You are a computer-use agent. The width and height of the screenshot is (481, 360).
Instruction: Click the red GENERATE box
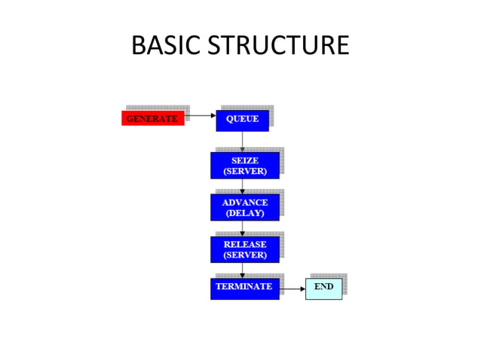pyautogui.click(x=152, y=119)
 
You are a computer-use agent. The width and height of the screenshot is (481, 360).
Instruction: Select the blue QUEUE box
pyautogui.click(x=242, y=119)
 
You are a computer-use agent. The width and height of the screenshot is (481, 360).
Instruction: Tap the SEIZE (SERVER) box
pyautogui.click(x=244, y=166)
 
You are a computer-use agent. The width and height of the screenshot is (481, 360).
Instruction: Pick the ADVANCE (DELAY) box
pyautogui.click(x=244, y=208)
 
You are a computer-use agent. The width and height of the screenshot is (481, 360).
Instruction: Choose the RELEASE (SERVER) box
pyautogui.click(x=244, y=249)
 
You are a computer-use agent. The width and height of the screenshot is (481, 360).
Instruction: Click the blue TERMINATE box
pyautogui.click(x=244, y=288)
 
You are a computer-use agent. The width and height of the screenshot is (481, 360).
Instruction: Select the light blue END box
pyautogui.click(x=323, y=288)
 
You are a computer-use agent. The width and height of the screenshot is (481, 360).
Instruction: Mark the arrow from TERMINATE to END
pyautogui.click(x=292, y=288)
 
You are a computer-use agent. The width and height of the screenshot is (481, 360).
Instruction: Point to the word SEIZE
pyautogui.click(x=245, y=160)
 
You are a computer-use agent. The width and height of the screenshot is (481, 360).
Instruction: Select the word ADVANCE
pyautogui.click(x=245, y=203)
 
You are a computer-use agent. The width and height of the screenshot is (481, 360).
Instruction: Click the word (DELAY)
pyautogui.click(x=245, y=213)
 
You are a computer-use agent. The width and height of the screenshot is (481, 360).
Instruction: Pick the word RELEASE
pyautogui.click(x=245, y=244)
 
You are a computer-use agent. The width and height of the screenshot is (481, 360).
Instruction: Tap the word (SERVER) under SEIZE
pyautogui.click(x=245, y=171)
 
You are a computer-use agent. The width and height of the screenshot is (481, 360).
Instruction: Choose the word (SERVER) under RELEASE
pyautogui.click(x=245, y=255)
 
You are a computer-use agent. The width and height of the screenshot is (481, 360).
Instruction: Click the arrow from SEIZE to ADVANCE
pyautogui.click(x=243, y=187)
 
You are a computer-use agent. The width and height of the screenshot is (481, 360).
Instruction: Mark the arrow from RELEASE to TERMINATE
pyautogui.click(x=243, y=270)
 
